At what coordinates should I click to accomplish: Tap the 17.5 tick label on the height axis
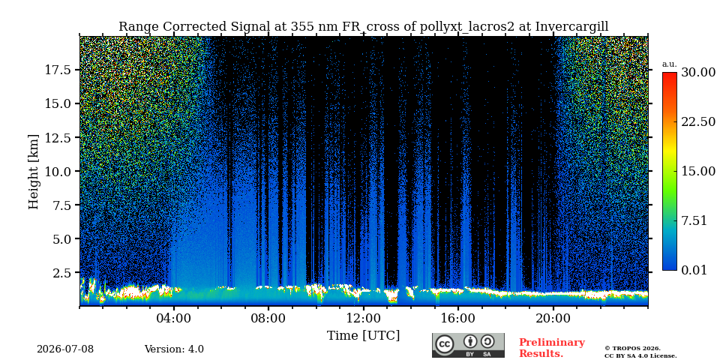coord(58,70)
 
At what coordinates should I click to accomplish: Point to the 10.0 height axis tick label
coord(58,171)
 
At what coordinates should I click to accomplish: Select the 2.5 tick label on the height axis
coord(61,273)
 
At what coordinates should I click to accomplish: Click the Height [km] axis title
coord(34,172)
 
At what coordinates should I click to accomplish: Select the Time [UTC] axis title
coord(363,336)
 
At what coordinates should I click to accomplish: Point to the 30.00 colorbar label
coord(698,73)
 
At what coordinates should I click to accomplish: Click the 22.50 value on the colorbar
coord(698,121)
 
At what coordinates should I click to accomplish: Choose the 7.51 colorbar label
coord(694,220)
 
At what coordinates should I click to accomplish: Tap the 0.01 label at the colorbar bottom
coord(694,270)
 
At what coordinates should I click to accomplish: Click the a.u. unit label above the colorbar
coord(670,64)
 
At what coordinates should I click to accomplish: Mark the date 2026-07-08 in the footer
coord(65,349)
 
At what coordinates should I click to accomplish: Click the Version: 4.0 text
coord(174,349)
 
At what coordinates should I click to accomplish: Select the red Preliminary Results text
coord(552,348)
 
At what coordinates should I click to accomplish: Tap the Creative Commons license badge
coord(468,345)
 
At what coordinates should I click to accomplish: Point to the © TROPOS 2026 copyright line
coord(632,349)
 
